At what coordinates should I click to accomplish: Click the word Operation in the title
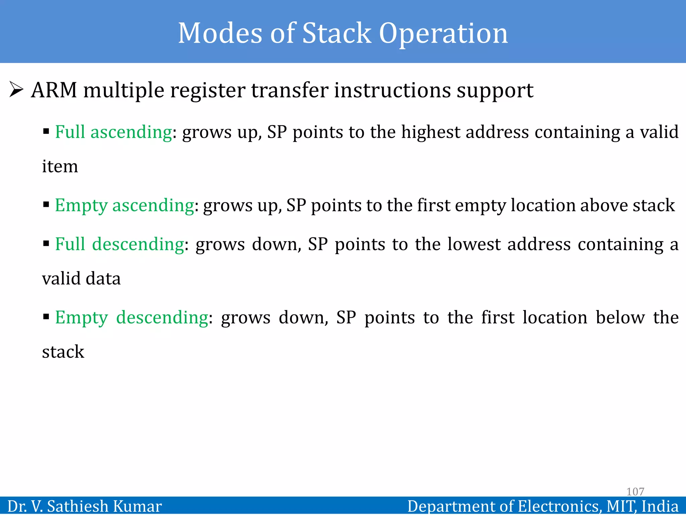443,34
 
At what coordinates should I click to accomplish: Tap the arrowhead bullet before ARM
16,90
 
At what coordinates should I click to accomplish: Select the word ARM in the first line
54,90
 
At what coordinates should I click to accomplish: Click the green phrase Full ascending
113,132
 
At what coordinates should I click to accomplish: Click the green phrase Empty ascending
124,205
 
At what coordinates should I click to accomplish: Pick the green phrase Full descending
119,244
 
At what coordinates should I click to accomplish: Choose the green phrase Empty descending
132,317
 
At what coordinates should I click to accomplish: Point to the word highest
430,132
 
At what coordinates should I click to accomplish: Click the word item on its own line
60,166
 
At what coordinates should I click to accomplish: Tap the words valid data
81,279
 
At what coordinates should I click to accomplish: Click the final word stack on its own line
63,352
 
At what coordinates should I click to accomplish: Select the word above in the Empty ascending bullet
603,205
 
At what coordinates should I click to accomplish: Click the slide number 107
635,492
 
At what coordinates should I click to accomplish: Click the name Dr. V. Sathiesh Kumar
84,506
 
